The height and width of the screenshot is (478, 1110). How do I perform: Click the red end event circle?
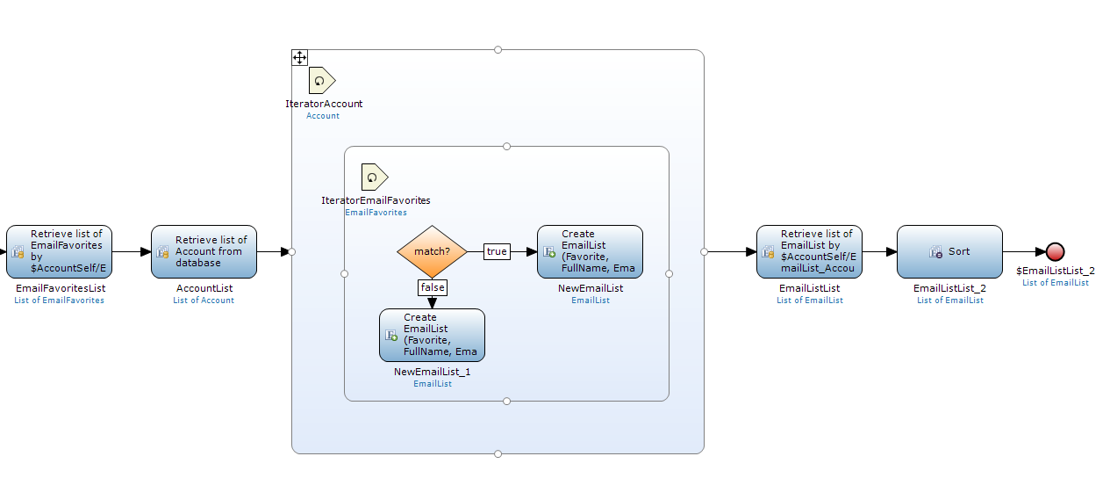pos(1055,252)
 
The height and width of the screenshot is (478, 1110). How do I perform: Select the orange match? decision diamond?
pos(432,251)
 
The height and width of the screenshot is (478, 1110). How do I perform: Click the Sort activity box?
pos(949,251)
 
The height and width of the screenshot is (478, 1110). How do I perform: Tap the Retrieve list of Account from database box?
pos(204,251)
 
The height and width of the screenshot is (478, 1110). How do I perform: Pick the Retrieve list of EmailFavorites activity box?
pos(59,251)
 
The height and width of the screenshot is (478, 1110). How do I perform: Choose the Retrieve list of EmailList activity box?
pos(809,251)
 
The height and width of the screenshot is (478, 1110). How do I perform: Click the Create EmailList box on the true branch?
pos(590,251)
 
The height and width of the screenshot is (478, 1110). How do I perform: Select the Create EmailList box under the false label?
pos(432,335)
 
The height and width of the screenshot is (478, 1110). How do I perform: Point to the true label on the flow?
pos(497,251)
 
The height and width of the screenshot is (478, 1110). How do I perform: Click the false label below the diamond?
pos(432,287)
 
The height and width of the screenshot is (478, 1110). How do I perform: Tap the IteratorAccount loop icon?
pos(322,80)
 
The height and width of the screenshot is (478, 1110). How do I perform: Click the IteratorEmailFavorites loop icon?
pos(375,177)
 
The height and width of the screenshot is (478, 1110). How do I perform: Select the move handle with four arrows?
pos(299,58)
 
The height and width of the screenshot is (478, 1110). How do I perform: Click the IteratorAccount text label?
pos(324,104)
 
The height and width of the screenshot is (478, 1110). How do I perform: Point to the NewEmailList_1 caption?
pos(432,372)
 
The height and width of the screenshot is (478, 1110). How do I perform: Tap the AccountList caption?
pos(204,288)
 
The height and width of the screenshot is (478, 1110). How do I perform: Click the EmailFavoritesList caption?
pos(59,288)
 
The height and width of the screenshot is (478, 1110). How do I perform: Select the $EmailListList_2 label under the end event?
pos(1055,271)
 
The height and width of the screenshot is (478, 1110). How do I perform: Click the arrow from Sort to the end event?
pos(1023,252)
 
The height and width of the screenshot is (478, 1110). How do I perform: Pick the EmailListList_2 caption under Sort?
pos(949,288)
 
